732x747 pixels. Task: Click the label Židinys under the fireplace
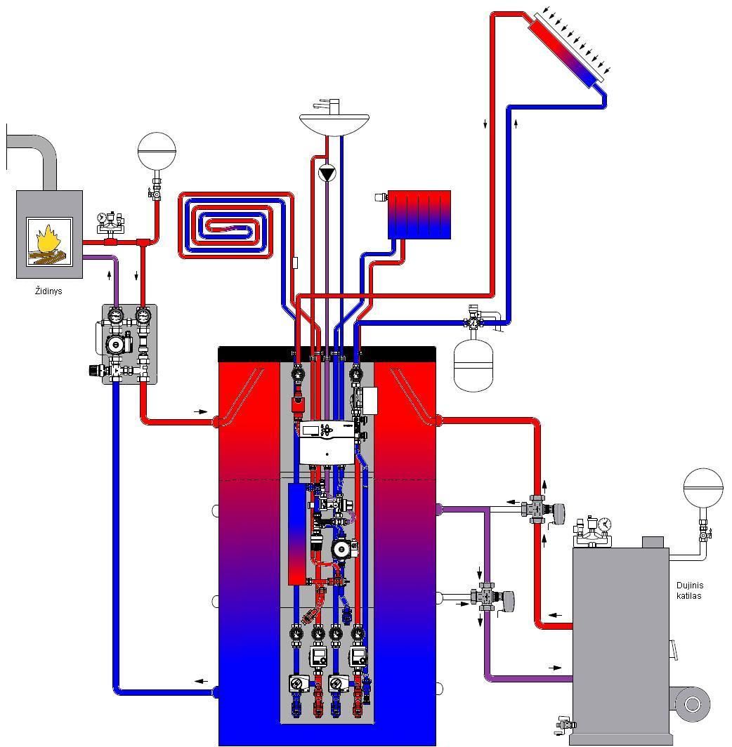pyautogui.click(x=48, y=291)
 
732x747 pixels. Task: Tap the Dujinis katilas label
pyautogui.click(x=690, y=590)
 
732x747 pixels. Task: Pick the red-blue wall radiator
pyautogui.click(x=419, y=214)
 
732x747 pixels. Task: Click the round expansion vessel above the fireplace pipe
pyautogui.click(x=157, y=151)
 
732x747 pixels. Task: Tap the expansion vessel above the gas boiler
pyautogui.click(x=703, y=487)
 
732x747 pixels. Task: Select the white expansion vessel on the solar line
pyautogui.click(x=473, y=364)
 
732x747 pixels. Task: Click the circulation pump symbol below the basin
pyautogui.click(x=327, y=173)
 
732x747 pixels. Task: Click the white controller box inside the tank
pyautogui.click(x=327, y=442)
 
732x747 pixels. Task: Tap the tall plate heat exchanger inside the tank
pyautogui.click(x=296, y=534)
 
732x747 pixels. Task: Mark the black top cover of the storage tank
pyautogui.click(x=327, y=354)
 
